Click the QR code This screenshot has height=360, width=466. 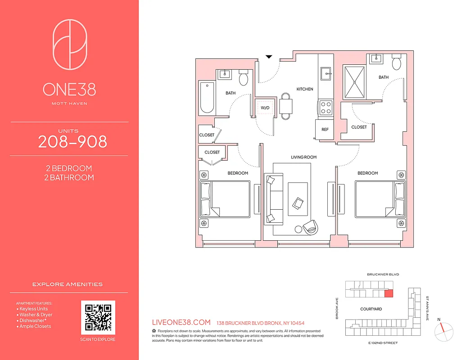[98, 318]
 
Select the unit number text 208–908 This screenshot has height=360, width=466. [72, 142]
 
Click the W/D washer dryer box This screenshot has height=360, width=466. [264, 108]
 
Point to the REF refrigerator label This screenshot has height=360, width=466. [325, 129]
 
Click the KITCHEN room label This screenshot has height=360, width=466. [305, 89]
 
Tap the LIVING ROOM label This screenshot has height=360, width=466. [303, 157]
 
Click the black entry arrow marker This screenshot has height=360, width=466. [269, 57]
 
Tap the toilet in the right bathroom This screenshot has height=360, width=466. [397, 63]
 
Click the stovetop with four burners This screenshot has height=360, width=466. [326, 108]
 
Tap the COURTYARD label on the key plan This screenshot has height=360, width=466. [371, 309]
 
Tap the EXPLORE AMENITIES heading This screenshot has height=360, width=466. [68, 284]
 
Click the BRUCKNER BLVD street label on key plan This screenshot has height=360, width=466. [383, 274]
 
